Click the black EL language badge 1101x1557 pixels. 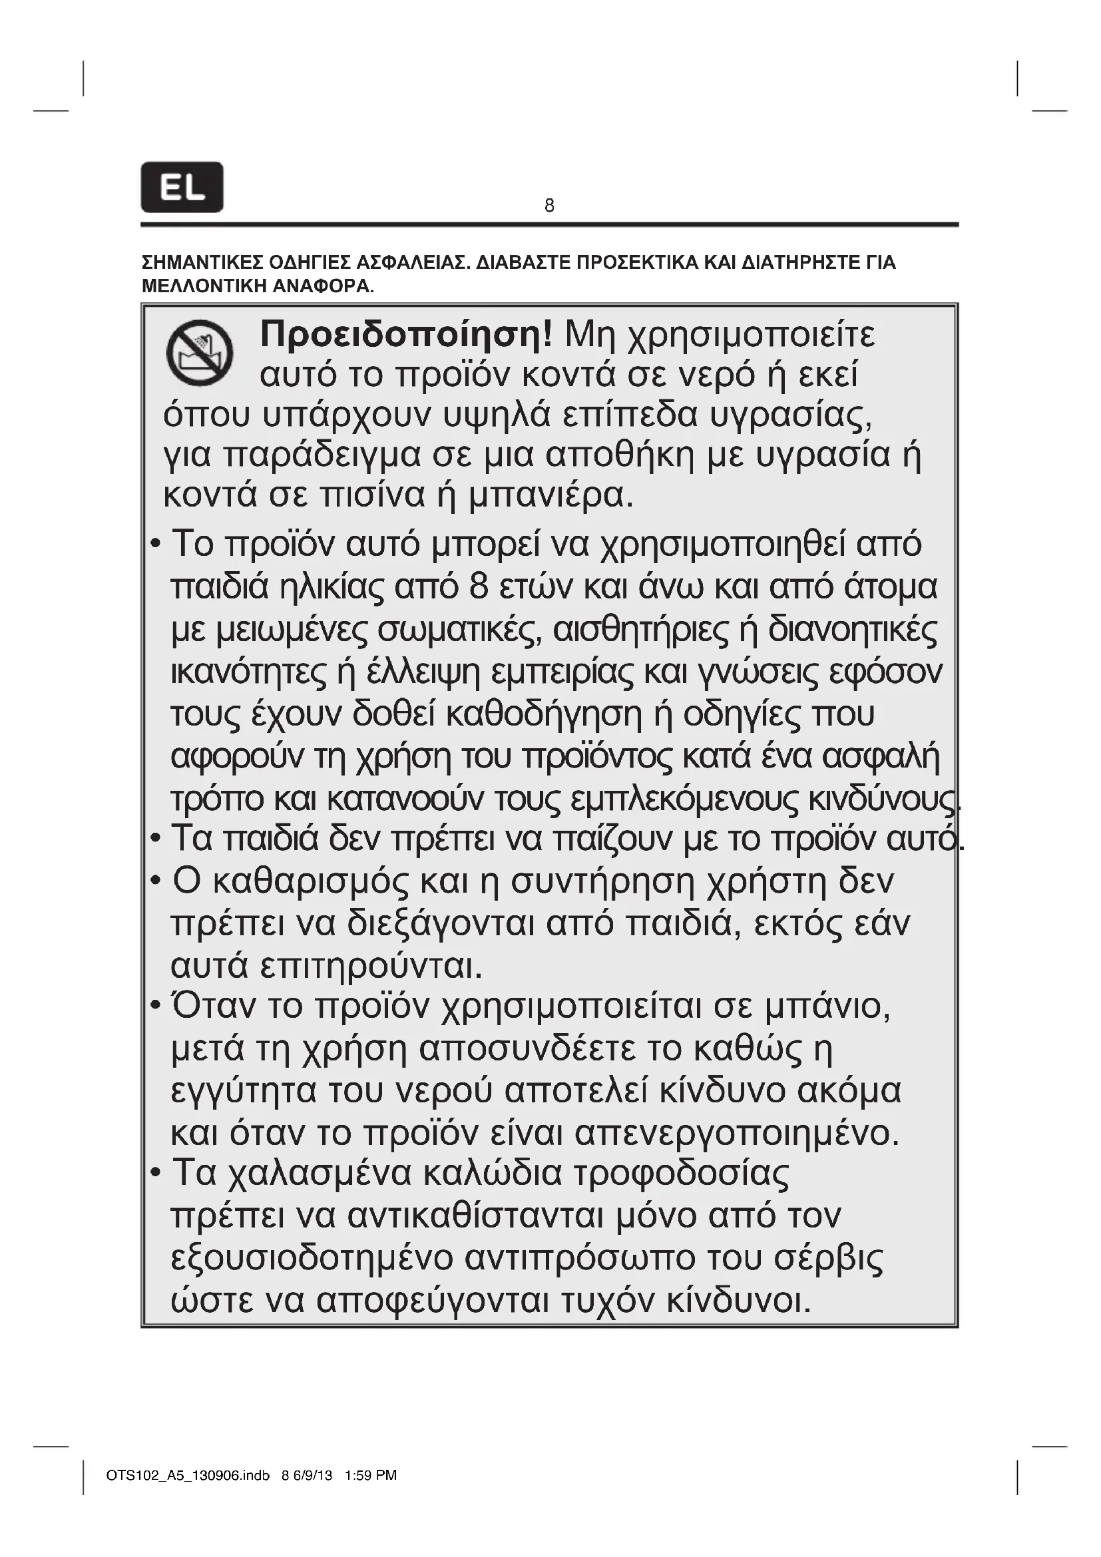point(182,187)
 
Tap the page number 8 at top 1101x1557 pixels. point(549,206)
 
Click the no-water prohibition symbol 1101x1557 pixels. point(200,353)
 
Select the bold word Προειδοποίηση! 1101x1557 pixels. point(406,334)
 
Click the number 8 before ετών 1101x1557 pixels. point(479,586)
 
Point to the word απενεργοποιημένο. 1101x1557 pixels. point(737,1132)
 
